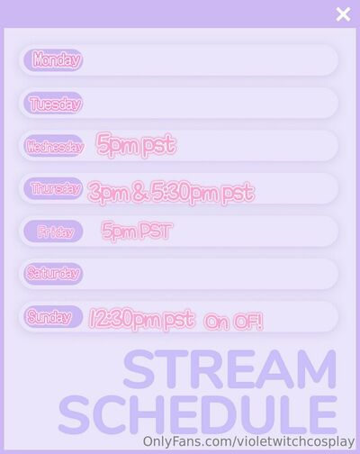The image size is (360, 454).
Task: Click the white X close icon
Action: coord(343,14)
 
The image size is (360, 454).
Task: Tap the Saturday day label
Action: coord(53,274)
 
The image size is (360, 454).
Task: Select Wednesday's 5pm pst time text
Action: coord(136,144)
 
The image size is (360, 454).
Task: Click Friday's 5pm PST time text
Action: coord(137,231)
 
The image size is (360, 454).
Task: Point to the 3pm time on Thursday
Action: coord(109,192)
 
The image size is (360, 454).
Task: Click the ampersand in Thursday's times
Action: coord(139,192)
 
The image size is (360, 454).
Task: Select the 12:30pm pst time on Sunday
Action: coord(141,319)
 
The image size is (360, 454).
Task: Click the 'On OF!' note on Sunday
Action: coord(233,322)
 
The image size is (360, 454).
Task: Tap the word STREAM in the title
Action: coord(229,369)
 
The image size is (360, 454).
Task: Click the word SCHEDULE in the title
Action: coord(198,414)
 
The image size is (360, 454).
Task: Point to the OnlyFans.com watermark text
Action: coord(248,441)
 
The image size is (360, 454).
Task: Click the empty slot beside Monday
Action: coord(210,60)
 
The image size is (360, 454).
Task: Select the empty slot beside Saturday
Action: coord(210,274)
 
